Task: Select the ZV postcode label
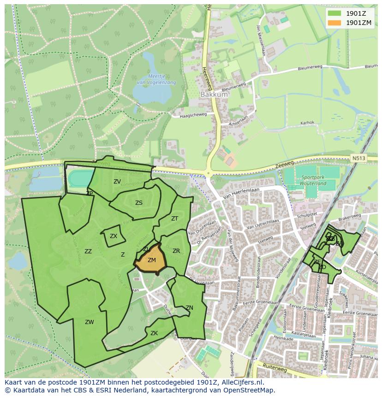pyautogui.click(x=117, y=182)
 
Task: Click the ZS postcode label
pyautogui.click(x=139, y=203)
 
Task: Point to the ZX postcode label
pyautogui.click(x=113, y=236)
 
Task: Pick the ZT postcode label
pyautogui.click(x=175, y=219)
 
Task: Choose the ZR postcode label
pyautogui.click(x=176, y=251)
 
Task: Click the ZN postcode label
pyautogui.click(x=189, y=308)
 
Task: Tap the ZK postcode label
pyautogui.click(x=154, y=333)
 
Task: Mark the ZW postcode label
pyautogui.click(x=90, y=322)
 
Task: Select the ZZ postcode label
pyautogui.click(x=88, y=251)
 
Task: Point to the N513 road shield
pyautogui.click(x=358, y=158)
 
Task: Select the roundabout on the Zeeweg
pyautogui.click(x=208, y=174)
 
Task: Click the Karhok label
pyautogui.click(x=307, y=123)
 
